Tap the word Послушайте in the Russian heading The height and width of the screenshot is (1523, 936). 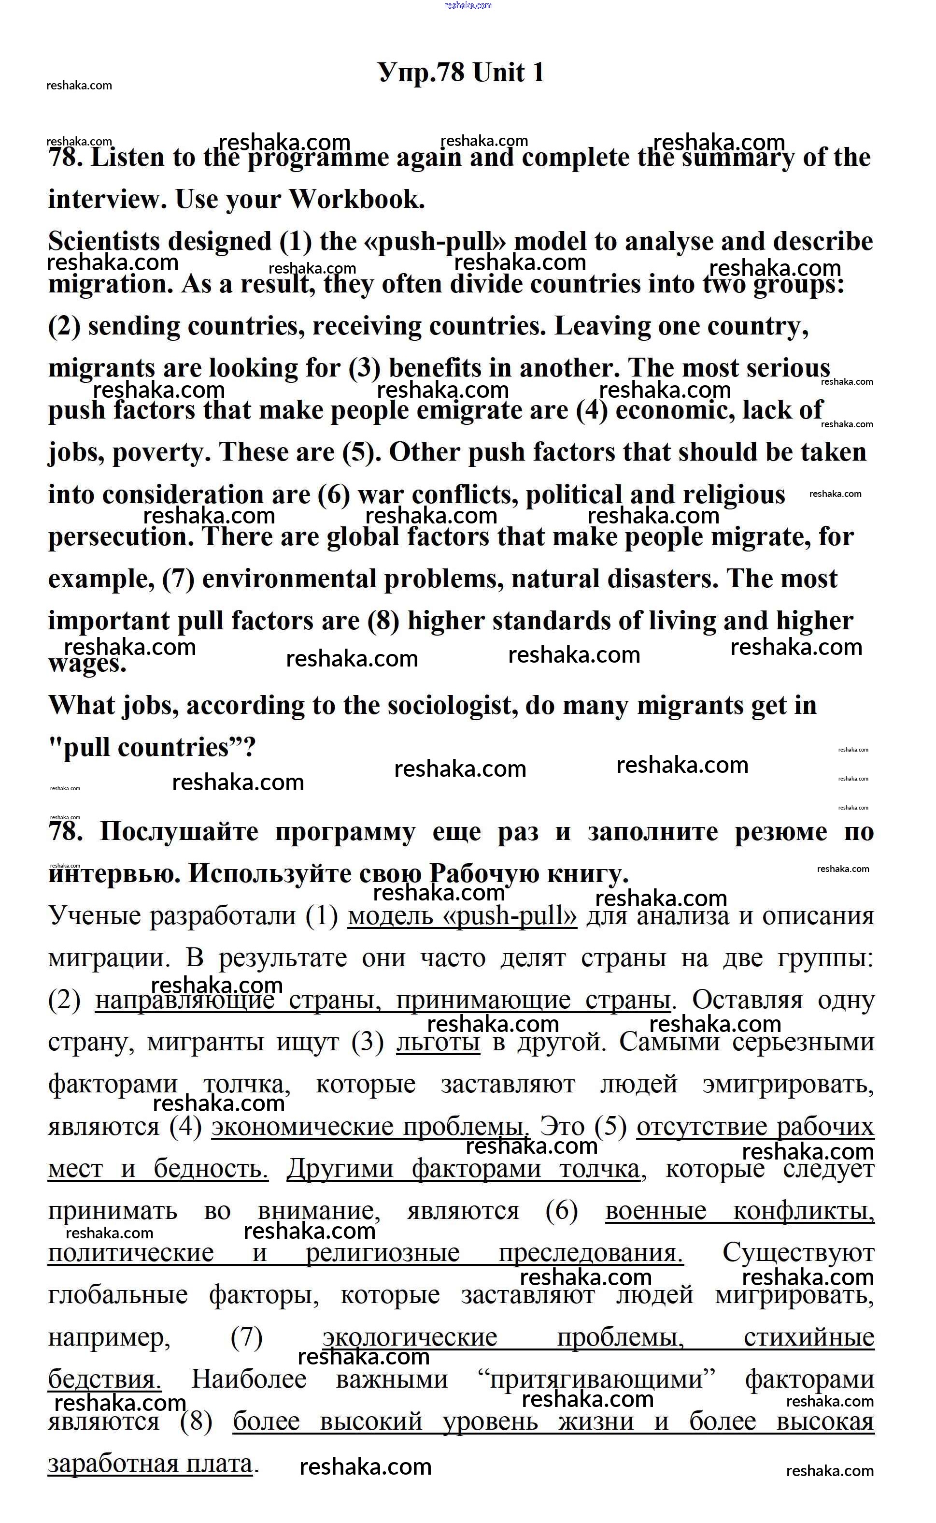pos(179,832)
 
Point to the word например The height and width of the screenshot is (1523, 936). pos(109,1338)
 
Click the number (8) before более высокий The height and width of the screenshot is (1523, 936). pos(196,1421)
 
